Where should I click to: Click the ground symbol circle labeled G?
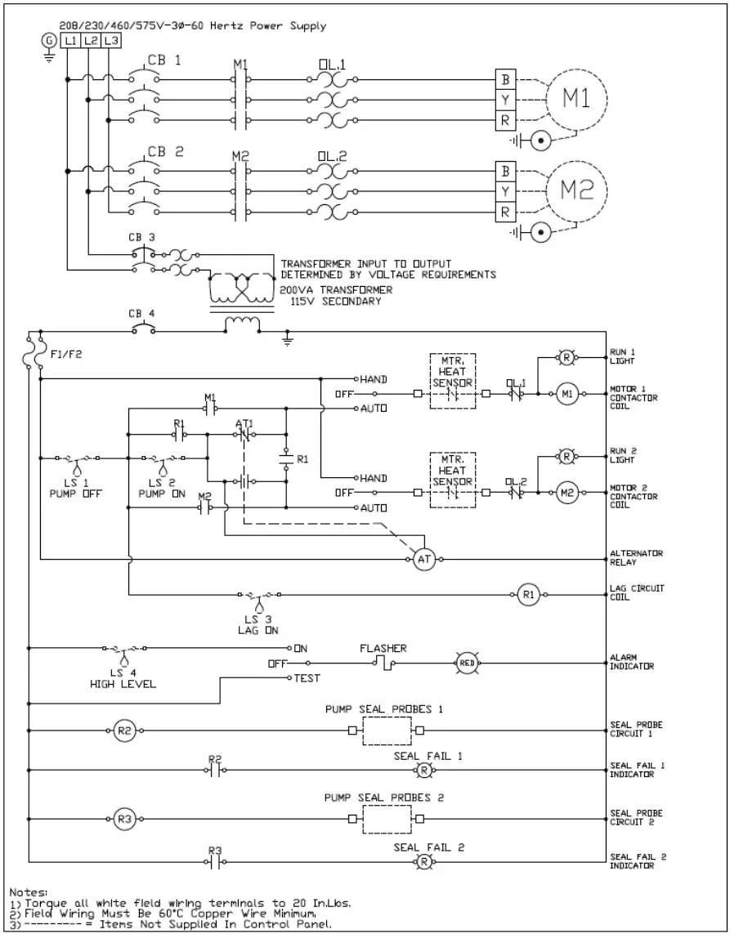tap(47, 40)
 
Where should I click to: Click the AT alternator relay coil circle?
tap(423, 560)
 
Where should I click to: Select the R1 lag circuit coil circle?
tap(527, 594)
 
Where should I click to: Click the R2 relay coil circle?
tap(124, 731)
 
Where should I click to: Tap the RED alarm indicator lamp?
tap(466, 663)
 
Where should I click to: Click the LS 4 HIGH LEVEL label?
tap(123, 678)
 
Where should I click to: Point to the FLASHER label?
tap(383, 648)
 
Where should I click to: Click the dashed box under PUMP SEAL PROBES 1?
tap(387, 731)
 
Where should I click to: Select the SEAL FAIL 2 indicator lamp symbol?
tap(424, 861)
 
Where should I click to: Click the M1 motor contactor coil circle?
tap(568, 394)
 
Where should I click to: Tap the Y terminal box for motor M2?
tap(506, 191)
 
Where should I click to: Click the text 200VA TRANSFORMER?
tap(335, 290)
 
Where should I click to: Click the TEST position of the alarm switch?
tap(307, 678)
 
